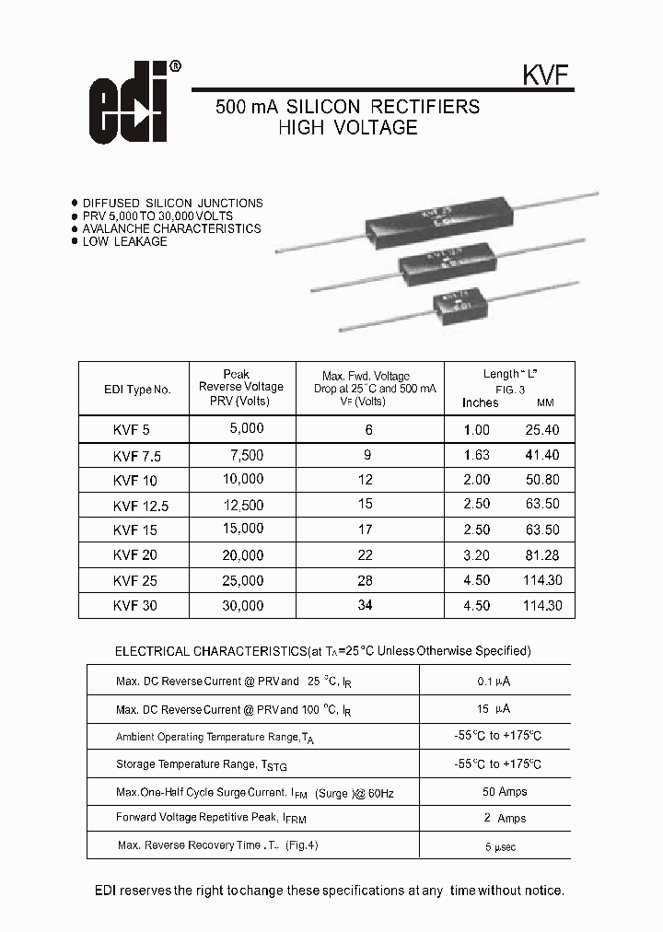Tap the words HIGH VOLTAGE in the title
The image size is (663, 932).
coord(347,128)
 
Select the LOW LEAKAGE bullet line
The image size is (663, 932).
coord(124,241)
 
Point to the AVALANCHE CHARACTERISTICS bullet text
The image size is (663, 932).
coord(171,228)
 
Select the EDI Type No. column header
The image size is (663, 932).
coord(137,390)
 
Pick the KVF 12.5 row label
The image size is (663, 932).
coord(140,506)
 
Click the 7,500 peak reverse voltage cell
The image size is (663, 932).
coord(246,455)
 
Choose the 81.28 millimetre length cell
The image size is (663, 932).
coord(541,555)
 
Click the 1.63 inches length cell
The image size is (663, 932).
coord(476,455)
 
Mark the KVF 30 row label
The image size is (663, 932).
coord(135,606)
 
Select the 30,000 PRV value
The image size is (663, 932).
coord(242,606)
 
